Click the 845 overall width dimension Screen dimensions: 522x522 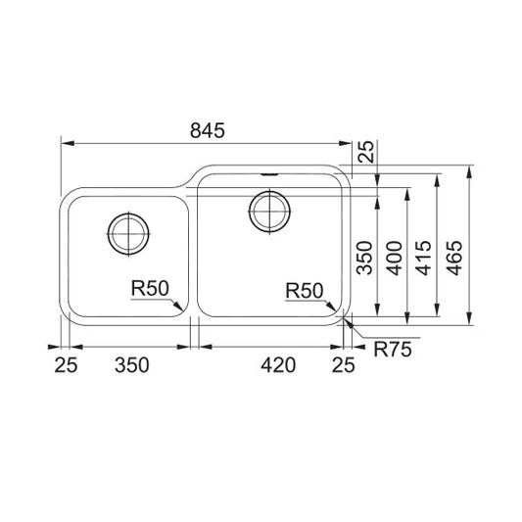(208, 130)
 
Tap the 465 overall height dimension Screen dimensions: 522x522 (455, 258)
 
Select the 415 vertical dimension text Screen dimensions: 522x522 (424, 258)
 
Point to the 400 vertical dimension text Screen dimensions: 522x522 (395, 258)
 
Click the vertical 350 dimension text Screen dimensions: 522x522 (364, 258)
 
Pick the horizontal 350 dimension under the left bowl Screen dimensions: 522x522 (132, 365)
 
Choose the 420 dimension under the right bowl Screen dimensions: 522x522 (278, 365)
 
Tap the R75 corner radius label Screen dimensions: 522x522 (393, 350)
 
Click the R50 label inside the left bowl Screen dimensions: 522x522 (150, 288)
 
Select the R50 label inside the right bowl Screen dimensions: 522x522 (305, 290)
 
